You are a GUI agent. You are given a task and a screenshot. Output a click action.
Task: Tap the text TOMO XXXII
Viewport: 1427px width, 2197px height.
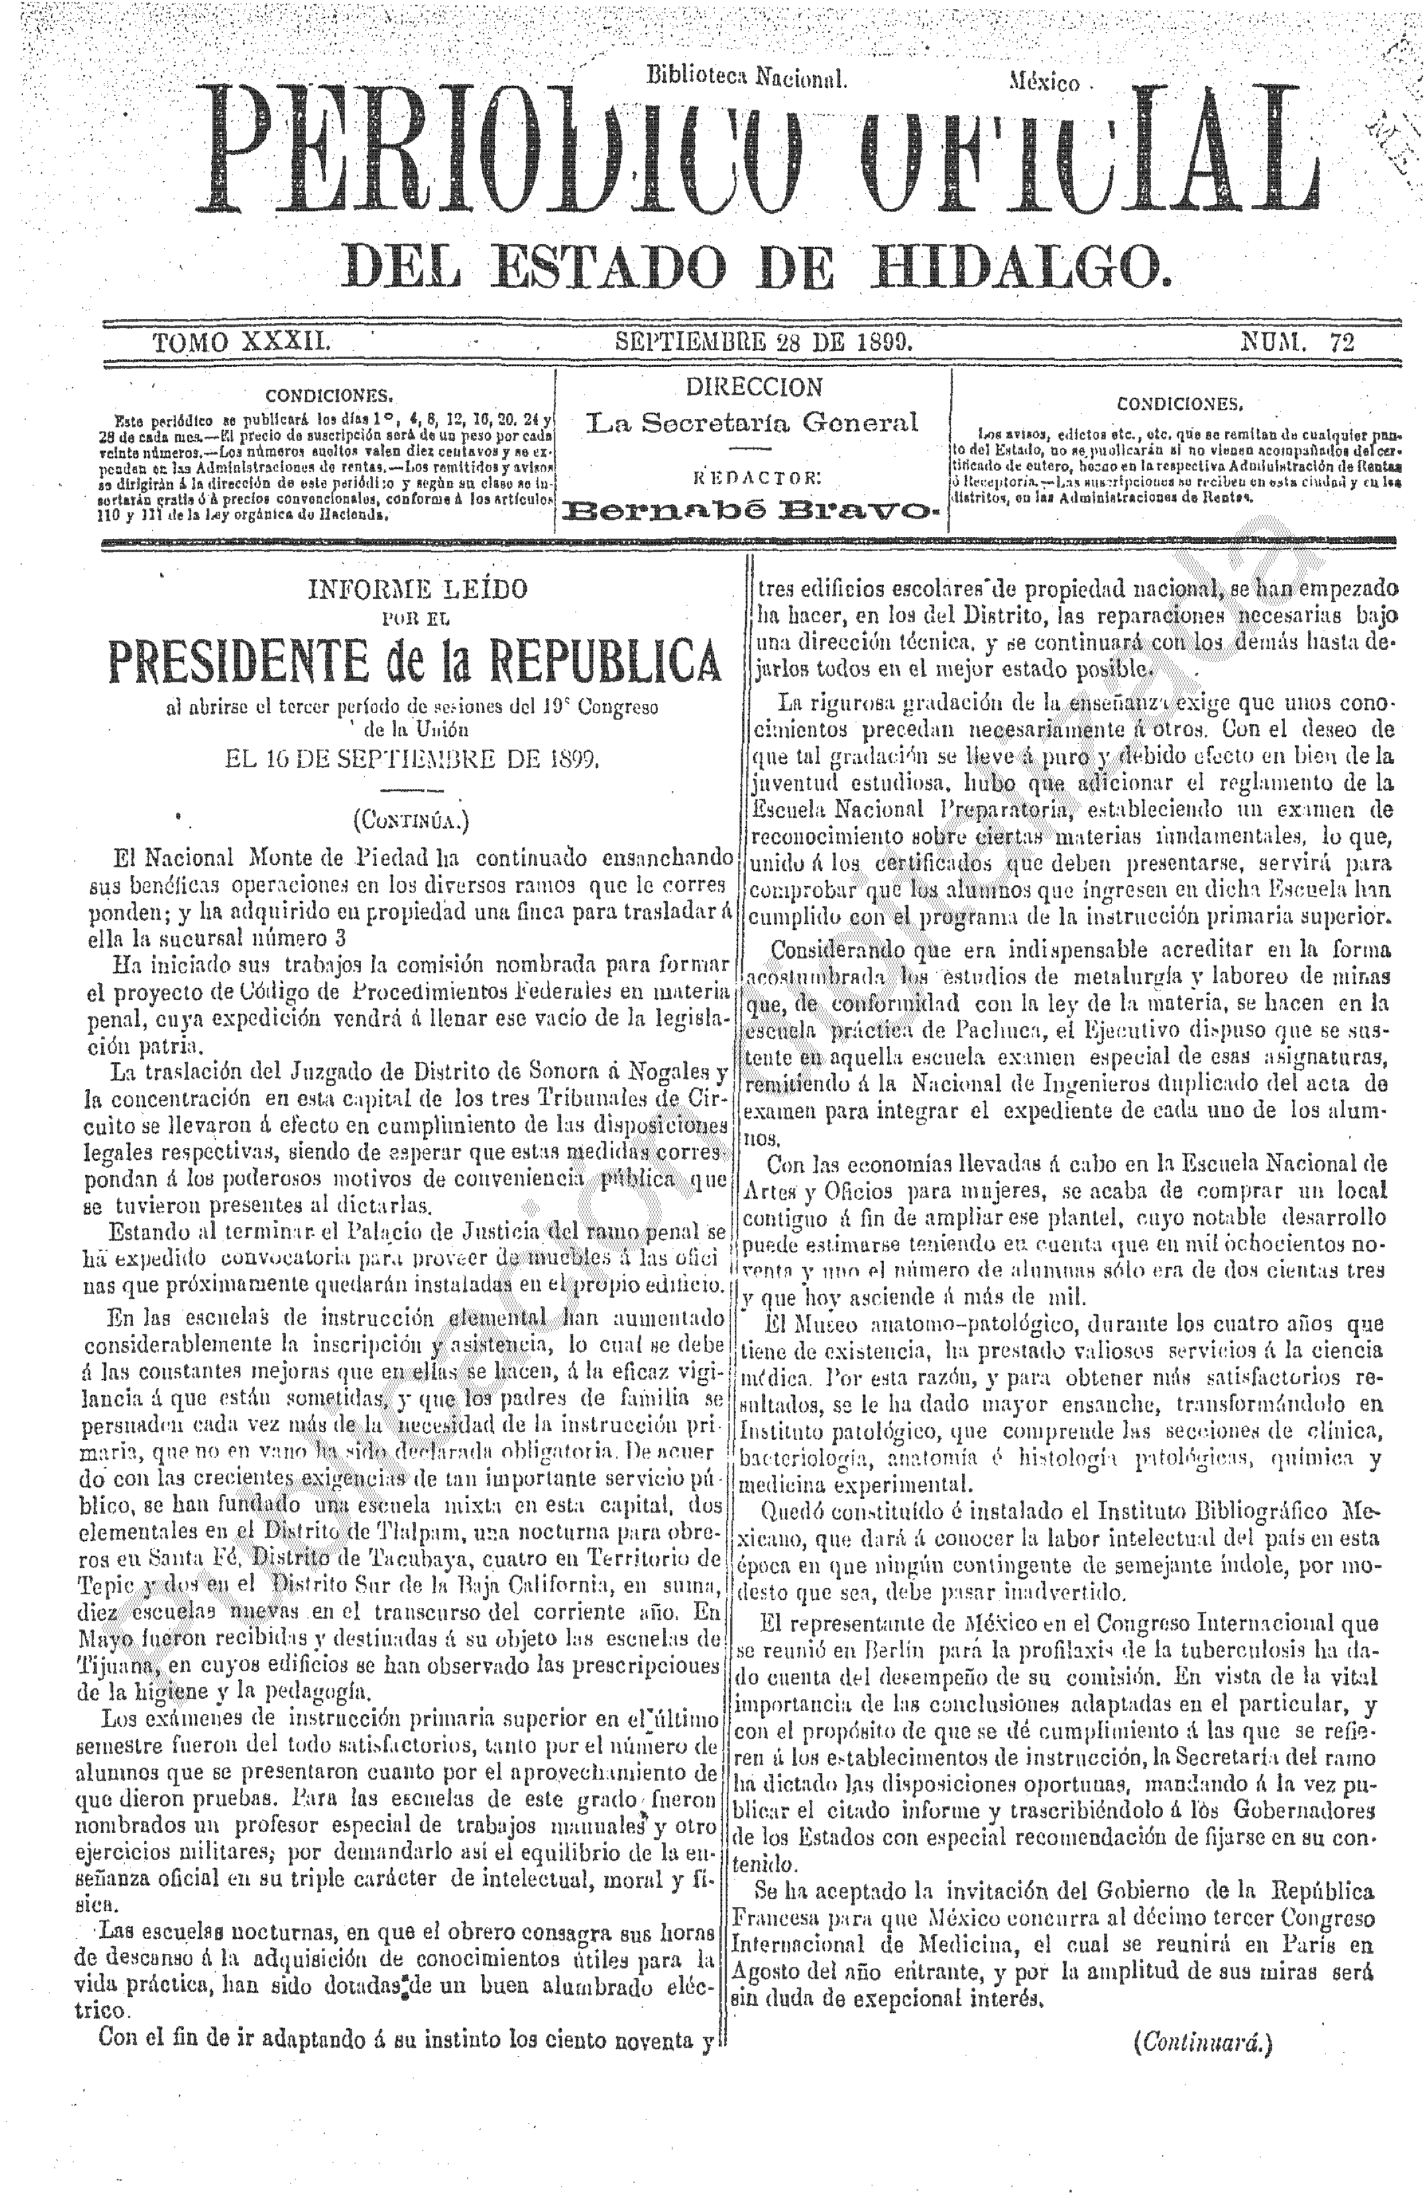click(x=242, y=343)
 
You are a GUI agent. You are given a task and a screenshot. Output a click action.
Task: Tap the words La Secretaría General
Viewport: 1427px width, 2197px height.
click(x=753, y=424)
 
